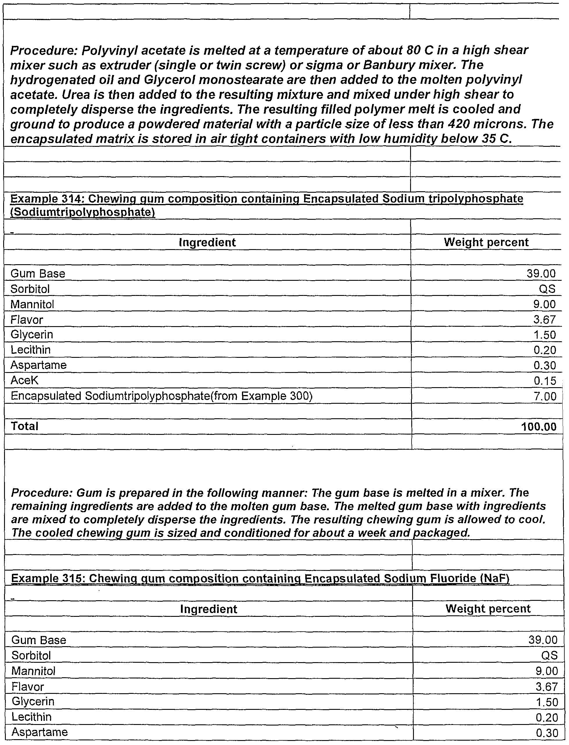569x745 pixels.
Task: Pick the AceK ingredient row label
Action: (x=24, y=380)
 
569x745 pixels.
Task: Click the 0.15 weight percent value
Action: (x=545, y=381)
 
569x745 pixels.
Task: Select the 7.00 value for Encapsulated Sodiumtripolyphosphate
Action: (x=545, y=396)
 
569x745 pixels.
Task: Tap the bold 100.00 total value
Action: (x=539, y=426)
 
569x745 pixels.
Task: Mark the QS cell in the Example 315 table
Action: (x=549, y=655)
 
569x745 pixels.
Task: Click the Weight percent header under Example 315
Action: (x=488, y=608)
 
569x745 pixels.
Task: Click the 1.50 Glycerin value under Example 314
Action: (x=545, y=335)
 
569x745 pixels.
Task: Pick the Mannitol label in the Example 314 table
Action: (x=32, y=304)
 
